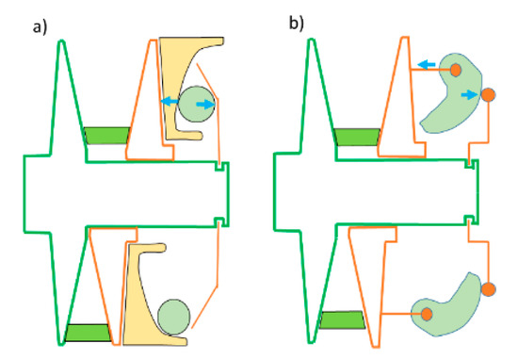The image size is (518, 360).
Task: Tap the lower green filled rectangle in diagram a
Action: pos(88,332)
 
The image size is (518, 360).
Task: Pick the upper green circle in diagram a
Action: pos(195,103)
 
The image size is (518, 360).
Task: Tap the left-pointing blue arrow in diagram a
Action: pos(169,100)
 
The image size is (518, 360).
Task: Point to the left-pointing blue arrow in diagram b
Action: pos(427,64)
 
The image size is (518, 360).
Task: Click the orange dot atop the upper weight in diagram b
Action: pos(456,70)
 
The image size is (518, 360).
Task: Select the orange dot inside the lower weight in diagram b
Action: pos(425,313)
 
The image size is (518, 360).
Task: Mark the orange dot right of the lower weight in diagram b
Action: pos(487,288)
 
